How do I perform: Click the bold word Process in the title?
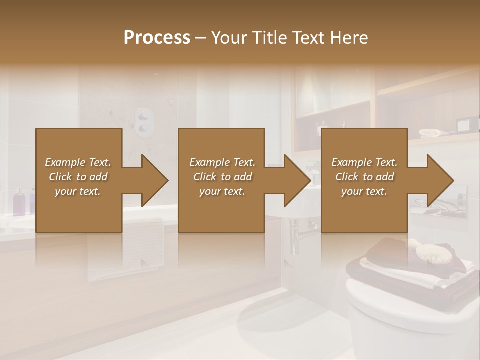(157, 38)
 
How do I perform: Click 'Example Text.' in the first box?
(78, 162)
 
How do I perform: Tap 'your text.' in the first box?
(78, 191)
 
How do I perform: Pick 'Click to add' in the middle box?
(222, 177)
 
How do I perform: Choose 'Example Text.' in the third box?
(364, 162)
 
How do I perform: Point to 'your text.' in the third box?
(364, 191)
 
